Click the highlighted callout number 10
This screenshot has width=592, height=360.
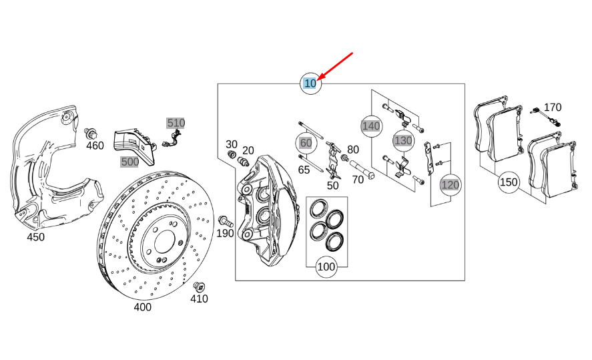(310, 83)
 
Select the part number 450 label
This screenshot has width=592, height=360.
(35, 237)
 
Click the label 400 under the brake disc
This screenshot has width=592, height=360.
(142, 307)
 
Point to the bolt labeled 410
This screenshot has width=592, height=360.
(198, 287)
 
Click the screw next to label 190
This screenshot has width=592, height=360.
(224, 220)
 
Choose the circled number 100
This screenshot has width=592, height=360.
(326, 267)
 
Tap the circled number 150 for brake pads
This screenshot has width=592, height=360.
(509, 182)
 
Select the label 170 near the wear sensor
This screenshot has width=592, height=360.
(553, 108)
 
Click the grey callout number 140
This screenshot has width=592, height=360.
(370, 125)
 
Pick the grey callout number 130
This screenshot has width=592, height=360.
(403, 140)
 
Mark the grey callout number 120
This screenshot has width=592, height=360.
(451, 184)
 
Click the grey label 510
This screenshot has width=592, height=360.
(176, 123)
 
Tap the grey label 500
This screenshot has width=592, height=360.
(129, 162)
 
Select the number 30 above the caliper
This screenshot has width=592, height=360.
(232, 144)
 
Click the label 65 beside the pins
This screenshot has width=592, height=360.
(304, 170)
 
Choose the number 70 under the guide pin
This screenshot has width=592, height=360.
(358, 179)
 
